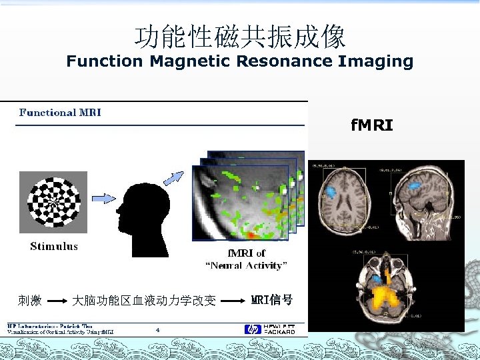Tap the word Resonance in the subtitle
[293, 62]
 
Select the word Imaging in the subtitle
[376, 62]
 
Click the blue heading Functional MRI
[60, 113]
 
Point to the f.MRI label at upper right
[372, 125]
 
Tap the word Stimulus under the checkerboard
[54, 247]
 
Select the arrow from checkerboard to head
[104, 198]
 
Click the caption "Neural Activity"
[246, 265]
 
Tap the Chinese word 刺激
[30, 301]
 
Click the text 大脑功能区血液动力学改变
[144, 301]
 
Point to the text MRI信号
[271, 300]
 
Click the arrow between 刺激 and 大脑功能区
[58, 301]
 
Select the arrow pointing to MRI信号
[233, 301]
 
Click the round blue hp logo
[252, 329]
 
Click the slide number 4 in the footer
[157, 329]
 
